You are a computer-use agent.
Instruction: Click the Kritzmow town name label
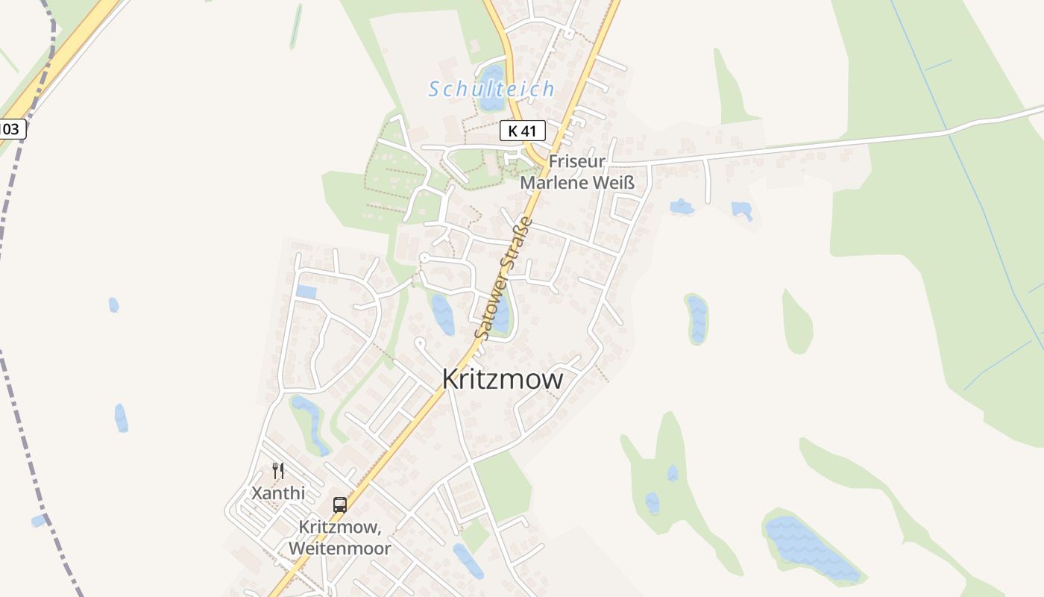503,379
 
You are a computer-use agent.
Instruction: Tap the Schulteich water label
491,90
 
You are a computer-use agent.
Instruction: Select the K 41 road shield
523,131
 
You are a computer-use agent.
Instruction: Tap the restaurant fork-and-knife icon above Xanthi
278,471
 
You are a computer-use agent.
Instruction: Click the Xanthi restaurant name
278,493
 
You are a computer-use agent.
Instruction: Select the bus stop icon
340,505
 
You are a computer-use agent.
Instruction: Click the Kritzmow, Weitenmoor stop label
340,537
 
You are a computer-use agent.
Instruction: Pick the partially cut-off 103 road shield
11,129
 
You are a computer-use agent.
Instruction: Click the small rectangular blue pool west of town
306,292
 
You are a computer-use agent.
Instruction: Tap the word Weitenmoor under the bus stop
340,548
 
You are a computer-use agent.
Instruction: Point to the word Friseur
577,162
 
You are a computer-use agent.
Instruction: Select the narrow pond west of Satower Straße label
442,313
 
